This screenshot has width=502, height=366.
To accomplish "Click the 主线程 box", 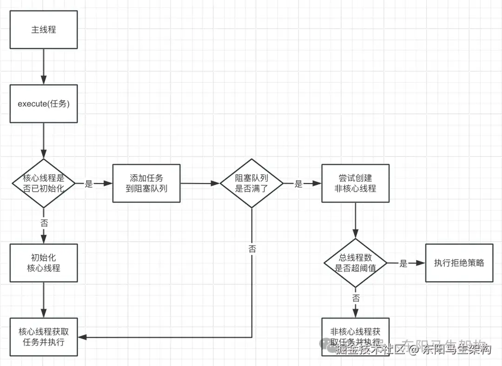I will coord(44,30).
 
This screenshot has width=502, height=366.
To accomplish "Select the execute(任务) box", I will coord(44,104).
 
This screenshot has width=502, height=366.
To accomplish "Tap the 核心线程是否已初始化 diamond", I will coord(44,183).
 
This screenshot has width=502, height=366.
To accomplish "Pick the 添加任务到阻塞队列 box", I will coord(146,183).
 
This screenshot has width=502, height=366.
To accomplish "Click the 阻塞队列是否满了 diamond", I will coord(251,183).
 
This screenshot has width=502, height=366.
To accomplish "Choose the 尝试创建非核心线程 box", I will coord(356,183).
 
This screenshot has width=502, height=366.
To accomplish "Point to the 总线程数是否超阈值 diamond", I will coord(356,263).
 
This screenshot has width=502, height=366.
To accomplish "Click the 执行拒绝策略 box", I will coord(459,263).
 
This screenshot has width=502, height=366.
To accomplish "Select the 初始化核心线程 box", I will coord(44,263).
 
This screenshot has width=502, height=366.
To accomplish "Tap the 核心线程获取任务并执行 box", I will coord(44,337).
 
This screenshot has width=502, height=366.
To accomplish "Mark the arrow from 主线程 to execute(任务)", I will coord(44,66).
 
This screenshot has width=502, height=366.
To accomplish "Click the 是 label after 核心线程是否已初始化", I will coord(89,183).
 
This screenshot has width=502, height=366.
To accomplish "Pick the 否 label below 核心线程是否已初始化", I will coord(44,222).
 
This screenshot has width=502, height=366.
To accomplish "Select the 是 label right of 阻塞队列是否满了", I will coord(298,183).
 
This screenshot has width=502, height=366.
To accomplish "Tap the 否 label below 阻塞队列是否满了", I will coord(252,248).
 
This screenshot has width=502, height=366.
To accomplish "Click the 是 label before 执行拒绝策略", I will coord(403,263).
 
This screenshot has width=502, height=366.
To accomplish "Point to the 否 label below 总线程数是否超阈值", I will coord(356,298).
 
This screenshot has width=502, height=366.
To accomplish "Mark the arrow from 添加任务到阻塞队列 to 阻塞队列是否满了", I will coord(200,183).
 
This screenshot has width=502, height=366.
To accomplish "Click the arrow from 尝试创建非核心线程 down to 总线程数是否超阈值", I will coord(356,221).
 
